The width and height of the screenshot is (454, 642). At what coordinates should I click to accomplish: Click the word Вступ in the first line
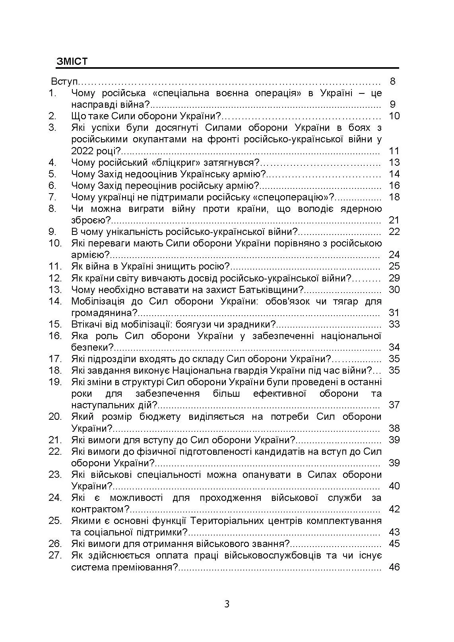(64, 82)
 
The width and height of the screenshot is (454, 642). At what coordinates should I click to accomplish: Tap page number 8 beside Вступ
(393, 82)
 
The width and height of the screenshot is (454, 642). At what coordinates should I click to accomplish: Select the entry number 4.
(53, 163)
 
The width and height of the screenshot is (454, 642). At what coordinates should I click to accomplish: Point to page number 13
(394, 163)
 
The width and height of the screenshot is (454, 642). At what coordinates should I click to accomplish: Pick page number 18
(394, 197)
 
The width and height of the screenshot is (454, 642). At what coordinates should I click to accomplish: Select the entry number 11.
(55, 266)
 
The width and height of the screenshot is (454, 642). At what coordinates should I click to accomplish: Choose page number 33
(394, 324)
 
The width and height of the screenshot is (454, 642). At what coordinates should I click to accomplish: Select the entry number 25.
(55, 521)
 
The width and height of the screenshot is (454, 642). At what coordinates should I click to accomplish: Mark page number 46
(394, 567)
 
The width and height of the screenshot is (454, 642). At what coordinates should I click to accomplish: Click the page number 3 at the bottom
(227, 605)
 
